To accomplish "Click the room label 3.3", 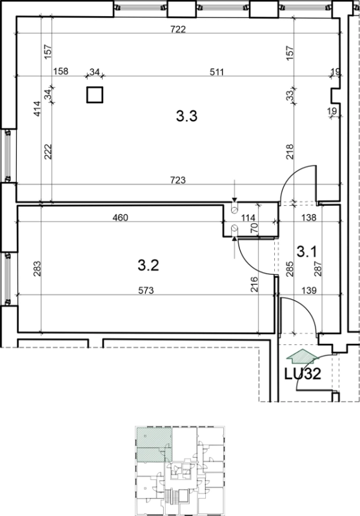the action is [x=186, y=116].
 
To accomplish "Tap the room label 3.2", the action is [x=148, y=265].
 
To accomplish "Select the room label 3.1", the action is [x=306, y=252].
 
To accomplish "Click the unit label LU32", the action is [x=303, y=374].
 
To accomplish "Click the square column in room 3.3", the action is [x=95, y=95].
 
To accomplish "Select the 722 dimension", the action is [x=178, y=29].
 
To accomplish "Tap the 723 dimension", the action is [x=178, y=181].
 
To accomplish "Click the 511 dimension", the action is [x=217, y=72].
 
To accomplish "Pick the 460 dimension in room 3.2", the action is [x=120, y=217].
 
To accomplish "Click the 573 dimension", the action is [x=146, y=291].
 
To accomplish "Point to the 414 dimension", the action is [x=37, y=108].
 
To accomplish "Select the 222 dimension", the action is [x=48, y=152].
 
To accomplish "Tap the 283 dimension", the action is [x=37, y=268].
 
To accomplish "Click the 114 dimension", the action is [x=248, y=217].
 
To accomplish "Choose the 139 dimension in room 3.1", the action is [x=308, y=291].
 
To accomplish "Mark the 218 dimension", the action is [x=290, y=152].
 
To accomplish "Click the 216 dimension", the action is [x=254, y=284].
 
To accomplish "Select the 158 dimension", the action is [x=61, y=71].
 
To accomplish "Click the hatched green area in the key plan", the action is [x=154, y=444].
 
